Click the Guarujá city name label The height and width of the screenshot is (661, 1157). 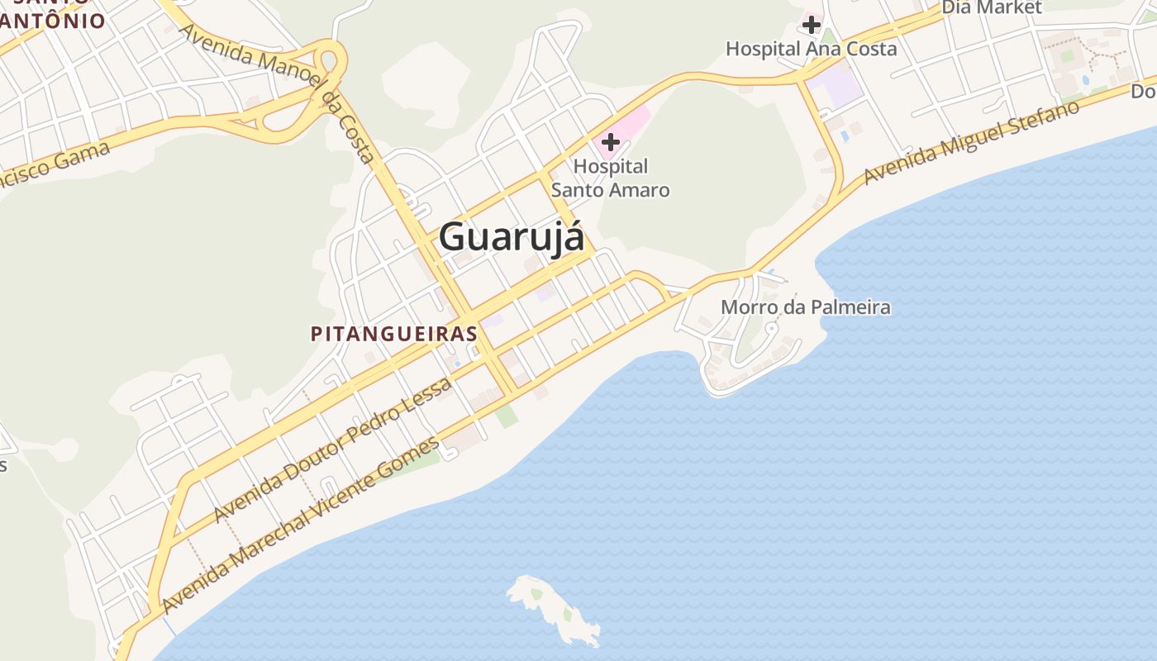(x=511, y=237)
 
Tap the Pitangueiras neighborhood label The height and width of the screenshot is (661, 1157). (x=394, y=334)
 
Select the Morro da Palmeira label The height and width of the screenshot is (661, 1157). (x=806, y=308)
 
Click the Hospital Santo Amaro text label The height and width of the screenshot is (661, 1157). (x=610, y=178)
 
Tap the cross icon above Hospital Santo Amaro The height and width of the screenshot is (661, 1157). (x=611, y=142)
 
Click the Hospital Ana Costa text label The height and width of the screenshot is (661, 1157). (x=811, y=49)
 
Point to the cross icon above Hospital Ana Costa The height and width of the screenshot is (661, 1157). (x=812, y=25)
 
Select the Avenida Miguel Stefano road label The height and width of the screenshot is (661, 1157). (x=972, y=142)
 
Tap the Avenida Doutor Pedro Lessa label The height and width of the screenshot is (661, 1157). (x=332, y=450)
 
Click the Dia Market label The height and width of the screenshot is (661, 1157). (x=992, y=7)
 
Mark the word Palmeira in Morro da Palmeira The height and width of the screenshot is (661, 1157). (x=850, y=308)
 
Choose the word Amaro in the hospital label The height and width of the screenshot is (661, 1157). (x=637, y=190)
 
